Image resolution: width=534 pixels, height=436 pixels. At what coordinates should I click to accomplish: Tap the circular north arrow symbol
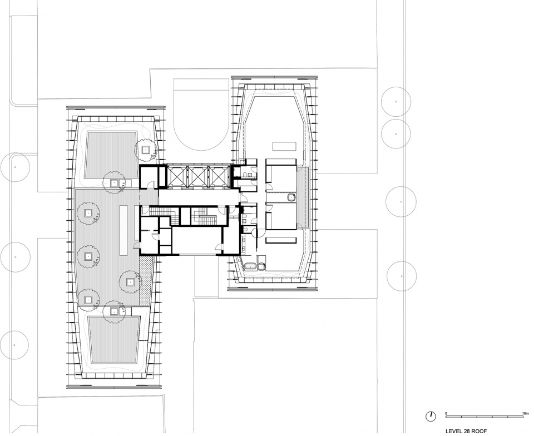point(431,416)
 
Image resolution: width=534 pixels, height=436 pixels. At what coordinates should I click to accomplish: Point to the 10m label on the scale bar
point(524,413)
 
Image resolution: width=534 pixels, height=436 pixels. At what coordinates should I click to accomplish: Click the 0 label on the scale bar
point(446,413)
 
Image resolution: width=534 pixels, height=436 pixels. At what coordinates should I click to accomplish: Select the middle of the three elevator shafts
point(195,176)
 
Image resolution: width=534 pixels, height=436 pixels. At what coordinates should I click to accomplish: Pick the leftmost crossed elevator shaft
point(176,176)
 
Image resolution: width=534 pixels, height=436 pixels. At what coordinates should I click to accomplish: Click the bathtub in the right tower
point(250,266)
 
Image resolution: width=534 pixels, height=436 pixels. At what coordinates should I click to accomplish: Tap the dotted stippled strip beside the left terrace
point(145,280)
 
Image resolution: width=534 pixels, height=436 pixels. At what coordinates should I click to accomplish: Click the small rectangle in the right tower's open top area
point(284,147)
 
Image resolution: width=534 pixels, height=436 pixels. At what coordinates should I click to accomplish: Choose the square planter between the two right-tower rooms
point(291,197)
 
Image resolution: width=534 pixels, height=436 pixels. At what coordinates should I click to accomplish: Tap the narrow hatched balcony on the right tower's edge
point(303,197)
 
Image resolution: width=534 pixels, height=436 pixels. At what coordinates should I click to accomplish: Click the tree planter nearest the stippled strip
point(130,282)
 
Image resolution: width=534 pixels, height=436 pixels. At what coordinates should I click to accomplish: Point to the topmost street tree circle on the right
point(395,102)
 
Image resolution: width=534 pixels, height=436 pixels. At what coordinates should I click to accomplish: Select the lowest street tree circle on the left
point(14,345)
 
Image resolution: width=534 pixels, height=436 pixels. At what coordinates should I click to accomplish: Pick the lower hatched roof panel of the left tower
point(115,340)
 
